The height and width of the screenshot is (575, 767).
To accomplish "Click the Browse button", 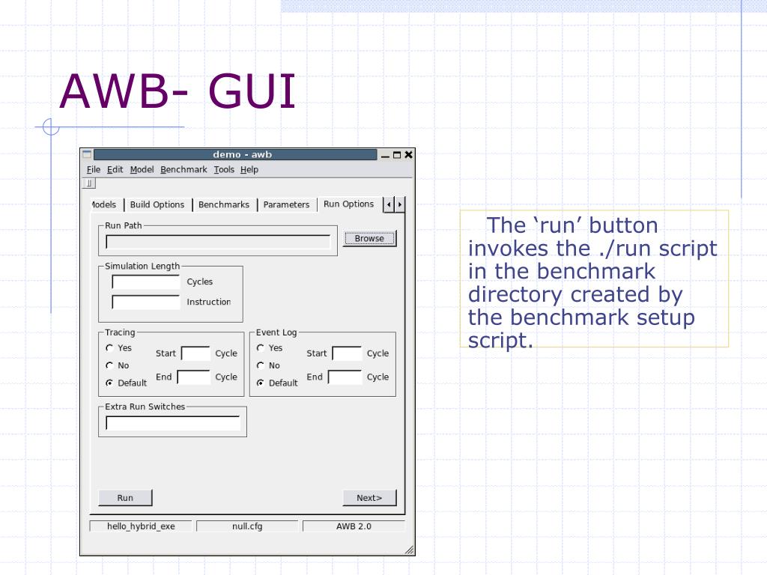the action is (x=369, y=239).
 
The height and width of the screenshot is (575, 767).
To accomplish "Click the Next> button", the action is (x=369, y=498).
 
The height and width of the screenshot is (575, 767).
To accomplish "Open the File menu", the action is (x=94, y=170).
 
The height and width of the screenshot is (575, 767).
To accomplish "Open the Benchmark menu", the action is (x=184, y=170).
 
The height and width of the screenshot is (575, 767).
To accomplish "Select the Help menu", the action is (x=249, y=170).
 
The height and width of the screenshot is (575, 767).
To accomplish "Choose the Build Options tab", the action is (x=157, y=204).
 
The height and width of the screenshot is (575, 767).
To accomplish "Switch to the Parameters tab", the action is (x=286, y=204).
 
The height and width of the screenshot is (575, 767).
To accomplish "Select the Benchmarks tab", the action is (x=224, y=204).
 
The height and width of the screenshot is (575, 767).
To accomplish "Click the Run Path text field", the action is (x=218, y=242).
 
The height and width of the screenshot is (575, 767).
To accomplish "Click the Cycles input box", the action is (x=146, y=282).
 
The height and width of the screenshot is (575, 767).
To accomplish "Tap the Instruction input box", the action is (x=146, y=302).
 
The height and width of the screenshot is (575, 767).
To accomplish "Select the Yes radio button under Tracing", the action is (x=109, y=348).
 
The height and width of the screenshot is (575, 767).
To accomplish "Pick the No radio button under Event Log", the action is (x=261, y=365).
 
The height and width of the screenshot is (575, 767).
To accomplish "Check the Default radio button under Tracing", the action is (x=109, y=383).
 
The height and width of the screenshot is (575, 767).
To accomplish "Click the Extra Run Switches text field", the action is (x=173, y=423).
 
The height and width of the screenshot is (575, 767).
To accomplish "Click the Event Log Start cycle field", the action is (x=347, y=353).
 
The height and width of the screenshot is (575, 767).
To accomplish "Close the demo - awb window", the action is (x=408, y=155).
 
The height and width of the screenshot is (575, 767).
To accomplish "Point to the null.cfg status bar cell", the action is (x=247, y=526).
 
